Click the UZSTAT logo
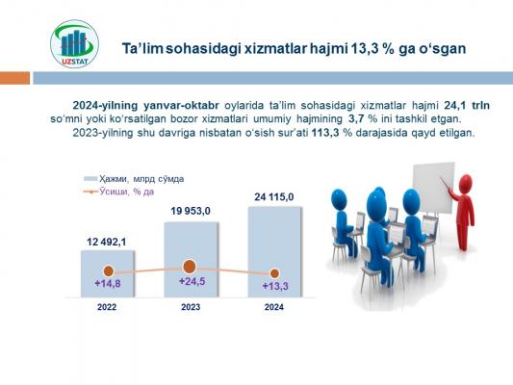click(75, 44)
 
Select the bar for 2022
click(108, 273)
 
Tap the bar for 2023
click(192, 260)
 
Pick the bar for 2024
click(274, 252)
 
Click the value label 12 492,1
click(106, 242)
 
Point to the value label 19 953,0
click(191, 211)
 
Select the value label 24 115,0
click(274, 197)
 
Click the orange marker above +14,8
click(109, 271)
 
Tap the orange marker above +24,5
click(189, 267)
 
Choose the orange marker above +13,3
click(275, 273)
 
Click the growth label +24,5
click(192, 281)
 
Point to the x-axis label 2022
click(107, 307)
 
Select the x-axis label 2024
click(274, 307)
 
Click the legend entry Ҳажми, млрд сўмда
click(134, 179)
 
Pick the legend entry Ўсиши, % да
click(118, 192)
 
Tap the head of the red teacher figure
click(465, 183)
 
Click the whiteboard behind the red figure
click(433, 188)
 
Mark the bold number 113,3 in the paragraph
click(325, 133)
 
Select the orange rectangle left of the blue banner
click(14, 78)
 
